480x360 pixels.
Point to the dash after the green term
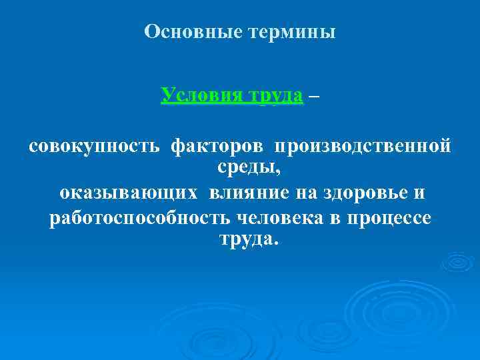coord(314,95)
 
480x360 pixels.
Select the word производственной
coord(363,145)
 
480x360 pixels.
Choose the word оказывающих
coord(128,193)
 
